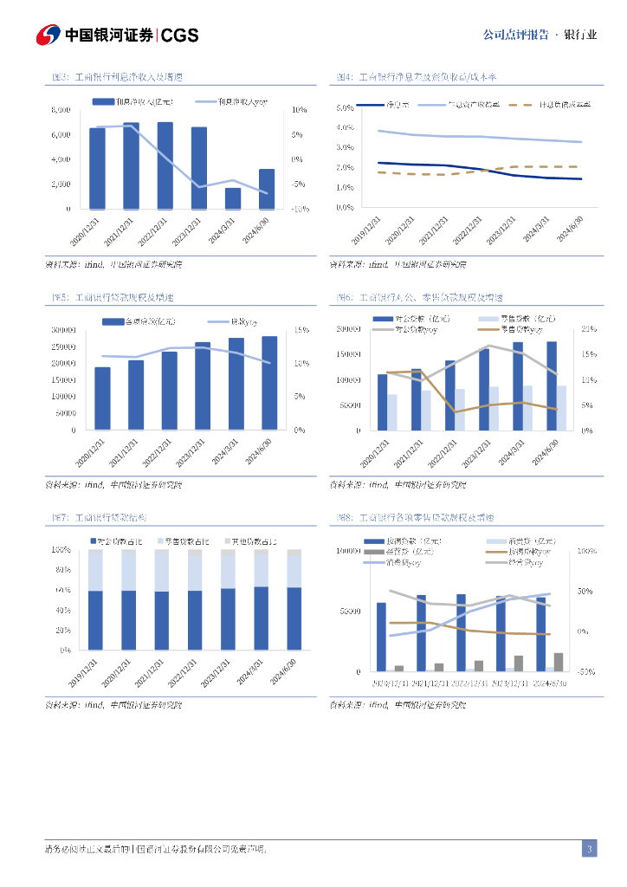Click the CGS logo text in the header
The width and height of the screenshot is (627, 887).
(x=179, y=35)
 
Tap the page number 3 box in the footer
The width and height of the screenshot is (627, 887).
(x=589, y=849)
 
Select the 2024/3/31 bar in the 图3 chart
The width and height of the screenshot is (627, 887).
(x=233, y=198)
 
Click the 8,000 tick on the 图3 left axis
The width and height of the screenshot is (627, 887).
(x=61, y=110)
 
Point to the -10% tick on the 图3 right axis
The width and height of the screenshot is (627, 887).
(x=299, y=209)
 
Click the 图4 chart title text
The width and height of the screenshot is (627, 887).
(x=416, y=77)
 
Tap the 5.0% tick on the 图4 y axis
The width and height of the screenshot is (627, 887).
(x=344, y=107)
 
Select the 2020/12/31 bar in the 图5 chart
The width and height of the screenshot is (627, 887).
(x=102, y=398)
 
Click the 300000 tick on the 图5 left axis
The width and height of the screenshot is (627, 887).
(x=61, y=330)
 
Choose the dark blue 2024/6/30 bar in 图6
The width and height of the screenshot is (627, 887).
(x=552, y=385)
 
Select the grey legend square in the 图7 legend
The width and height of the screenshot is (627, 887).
(x=226, y=541)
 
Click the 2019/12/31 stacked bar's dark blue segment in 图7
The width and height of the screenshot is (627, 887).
(x=95, y=620)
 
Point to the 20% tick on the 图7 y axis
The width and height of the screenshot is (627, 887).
(x=65, y=629)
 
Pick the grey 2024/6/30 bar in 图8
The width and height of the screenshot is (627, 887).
(x=559, y=662)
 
